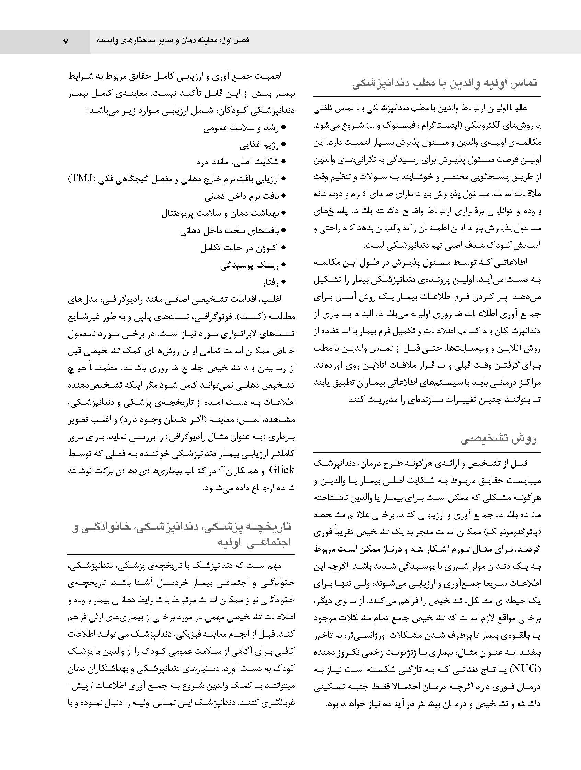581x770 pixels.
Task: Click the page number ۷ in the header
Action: pyautogui.click(x=66, y=42)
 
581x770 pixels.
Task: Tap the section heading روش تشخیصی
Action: pyautogui.click(x=498, y=440)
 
